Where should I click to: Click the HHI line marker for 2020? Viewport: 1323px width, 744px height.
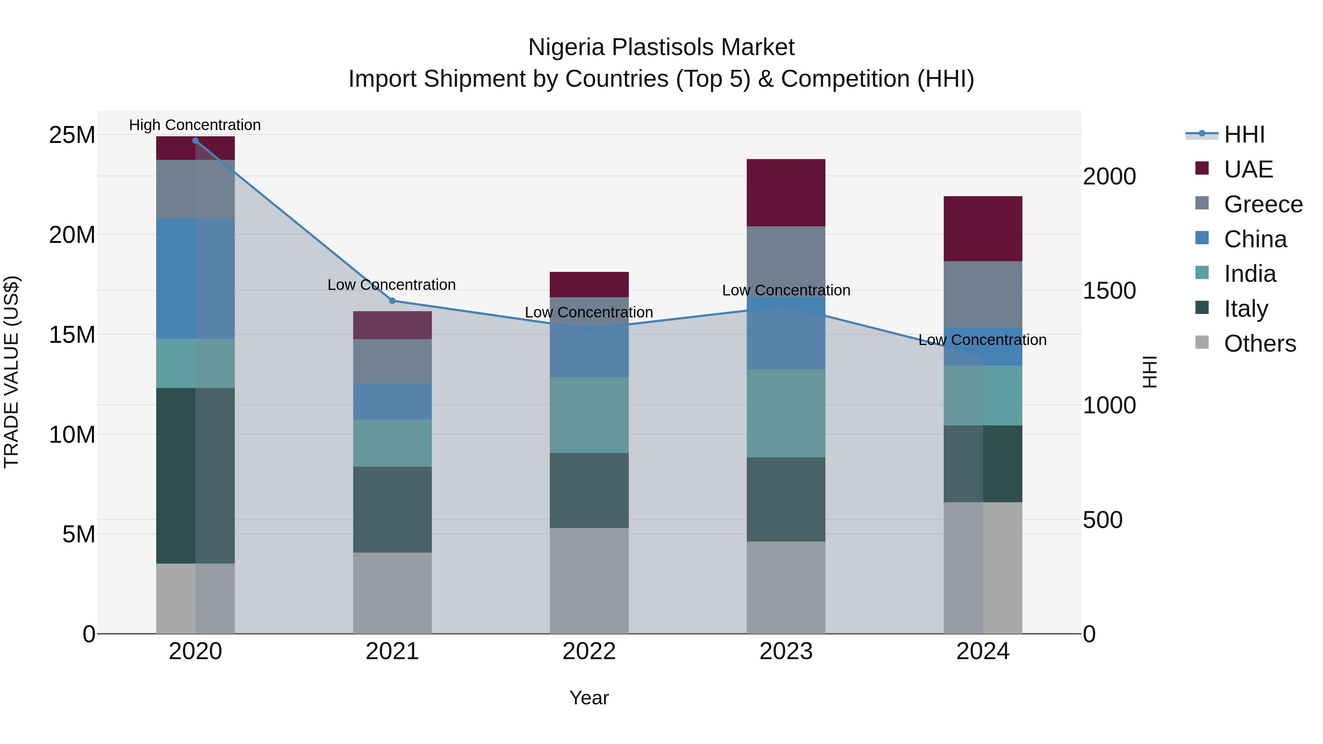coord(195,140)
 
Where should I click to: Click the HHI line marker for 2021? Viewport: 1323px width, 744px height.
coord(392,301)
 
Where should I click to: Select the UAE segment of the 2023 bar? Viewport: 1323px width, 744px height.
coord(786,193)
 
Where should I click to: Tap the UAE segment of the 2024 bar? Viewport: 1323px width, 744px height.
coord(982,229)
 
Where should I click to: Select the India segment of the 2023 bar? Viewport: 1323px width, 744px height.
coord(786,413)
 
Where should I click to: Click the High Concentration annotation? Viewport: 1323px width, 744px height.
coord(195,125)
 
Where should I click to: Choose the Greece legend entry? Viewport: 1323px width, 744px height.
coord(1263,204)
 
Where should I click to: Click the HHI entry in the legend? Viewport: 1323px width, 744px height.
coord(1244,134)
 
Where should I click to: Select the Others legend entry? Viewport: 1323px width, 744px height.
coord(1259,344)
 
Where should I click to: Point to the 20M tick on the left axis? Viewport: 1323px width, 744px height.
coord(72,235)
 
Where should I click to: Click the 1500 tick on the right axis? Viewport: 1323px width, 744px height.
coord(1109,291)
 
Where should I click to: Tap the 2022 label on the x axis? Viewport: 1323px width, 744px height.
coord(589,651)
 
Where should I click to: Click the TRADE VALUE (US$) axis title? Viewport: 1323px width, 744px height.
coord(11,372)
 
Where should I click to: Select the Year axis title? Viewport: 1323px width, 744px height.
coord(589,698)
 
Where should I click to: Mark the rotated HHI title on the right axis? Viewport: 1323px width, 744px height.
coord(1150,372)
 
